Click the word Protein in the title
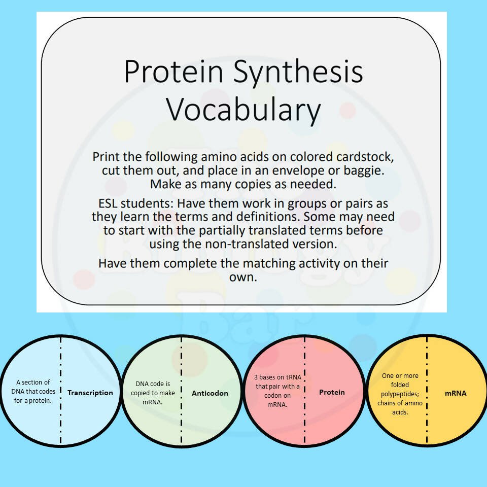pyautogui.click(x=174, y=72)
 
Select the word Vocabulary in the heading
pyautogui.click(x=243, y=110)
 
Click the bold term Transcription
pyautogui.click(x=90, y=393)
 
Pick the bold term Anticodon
pyautogui.click(x=210, y=393)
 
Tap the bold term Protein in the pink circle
pyautogui.click(x=332, y=392)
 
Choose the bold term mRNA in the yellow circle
pyautogui.click(x=456, y=393)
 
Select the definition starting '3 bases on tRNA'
pyautogui.click(x=277, y=391)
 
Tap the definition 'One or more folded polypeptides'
pyautogui.click(x=400, y=394)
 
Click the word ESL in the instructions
pyautogui.click(x=108, y=204)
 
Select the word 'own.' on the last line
pyautogui.click(x=243, y=277)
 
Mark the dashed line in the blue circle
pyautogui.click(x=60, y=391)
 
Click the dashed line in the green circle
pyautogui.click(x=182, y=391)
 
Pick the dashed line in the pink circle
pyautogui.click(x=305, y=391)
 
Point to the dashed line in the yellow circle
pyautogui.click(x=427, y=391)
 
